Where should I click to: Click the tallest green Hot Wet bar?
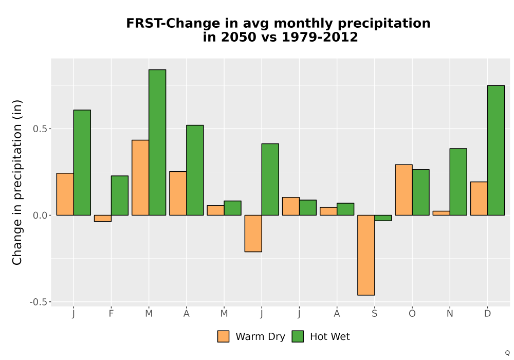pos(157,142)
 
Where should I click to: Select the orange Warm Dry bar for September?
pos(366,255)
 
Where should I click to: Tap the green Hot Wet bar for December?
pos(496,150)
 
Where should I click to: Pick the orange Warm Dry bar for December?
pos(479,199)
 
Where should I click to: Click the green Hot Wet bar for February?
pos(120,195)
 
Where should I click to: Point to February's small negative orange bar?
pos(103,219)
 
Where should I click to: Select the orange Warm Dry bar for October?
pos(403,190)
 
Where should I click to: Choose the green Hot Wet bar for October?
pos(421,192)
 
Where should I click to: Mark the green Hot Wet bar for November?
pos(458,182)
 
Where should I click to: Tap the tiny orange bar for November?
pos(441,213)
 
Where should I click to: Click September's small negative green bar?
pos(383,218)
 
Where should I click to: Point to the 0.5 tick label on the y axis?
pos(40,129)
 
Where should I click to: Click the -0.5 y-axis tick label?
pos(39,302)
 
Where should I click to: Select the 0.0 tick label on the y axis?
pos(40,215)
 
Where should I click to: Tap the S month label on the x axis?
pos(374,314)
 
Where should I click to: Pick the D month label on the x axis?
pos(487,314)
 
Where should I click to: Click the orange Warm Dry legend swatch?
pos(223,336)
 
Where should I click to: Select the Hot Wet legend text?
pos(330,337)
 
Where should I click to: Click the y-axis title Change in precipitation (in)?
pos(17,182)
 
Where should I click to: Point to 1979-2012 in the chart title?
pos(320,37)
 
